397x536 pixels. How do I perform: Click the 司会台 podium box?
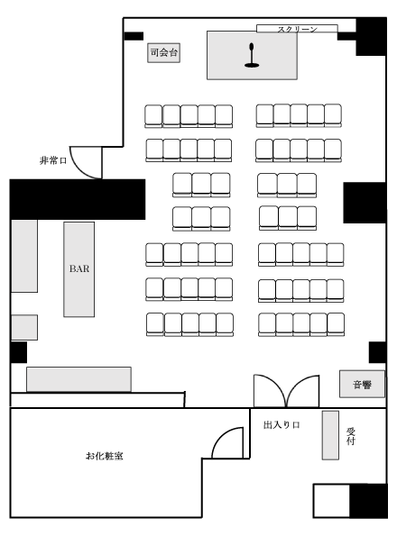click(163, 53)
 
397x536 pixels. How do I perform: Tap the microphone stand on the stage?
click(252, 55)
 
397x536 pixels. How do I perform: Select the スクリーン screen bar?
click(297, 29)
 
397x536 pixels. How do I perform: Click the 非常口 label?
click(53, 160)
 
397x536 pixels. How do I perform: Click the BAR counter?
click(79, 269)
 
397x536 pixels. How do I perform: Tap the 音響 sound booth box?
click(362, 384)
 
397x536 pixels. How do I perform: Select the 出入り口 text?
click(282, 425)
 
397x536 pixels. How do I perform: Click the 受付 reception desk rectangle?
click(330, 435)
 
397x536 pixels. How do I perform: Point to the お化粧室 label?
click(105, 456)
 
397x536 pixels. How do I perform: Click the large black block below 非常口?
click(78, 199)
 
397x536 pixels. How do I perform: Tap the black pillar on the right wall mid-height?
click(365, 203)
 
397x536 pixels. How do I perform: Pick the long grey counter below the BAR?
click(78, 379)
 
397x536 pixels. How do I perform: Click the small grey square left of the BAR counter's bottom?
click(24, 328)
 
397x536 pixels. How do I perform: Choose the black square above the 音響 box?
click(377, 352)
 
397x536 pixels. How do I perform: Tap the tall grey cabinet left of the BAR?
click(24, 256)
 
